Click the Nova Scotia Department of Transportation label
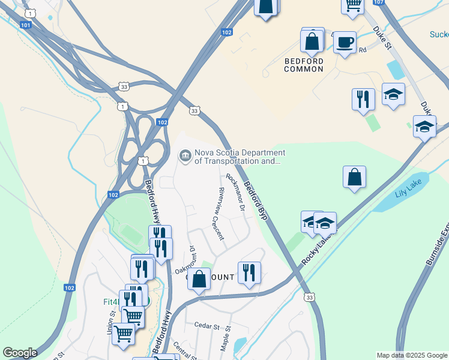coord(237,157)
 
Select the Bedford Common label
coord(304,65)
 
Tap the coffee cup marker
coord(345,43)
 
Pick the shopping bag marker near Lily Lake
coord(355,177)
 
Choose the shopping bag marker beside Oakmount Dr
coord(198,278)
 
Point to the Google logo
coord(20,353)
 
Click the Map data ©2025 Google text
coord(411,355)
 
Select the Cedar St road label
coord(208,325)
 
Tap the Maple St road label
coord(225,340)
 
